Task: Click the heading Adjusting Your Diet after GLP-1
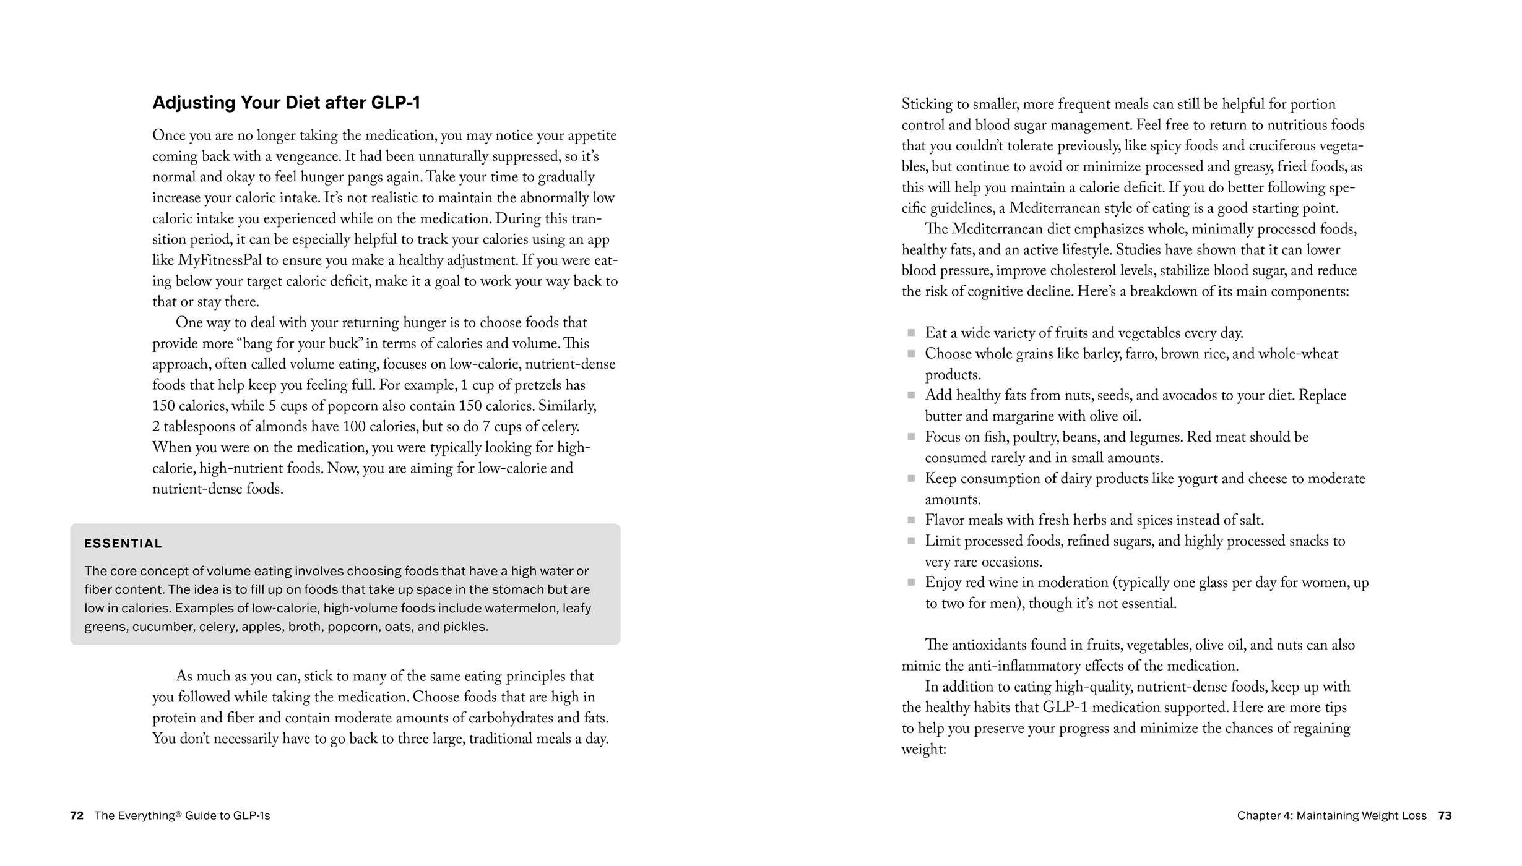pyautogui.click(x=286, y=103)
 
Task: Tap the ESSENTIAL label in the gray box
pyautogui.click(x=123, y=544)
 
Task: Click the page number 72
pyautogui.click(x=77, y=815)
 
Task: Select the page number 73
pyautogui.click(x=1445, y=815)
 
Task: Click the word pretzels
pyautogui.click(x=538, y=385)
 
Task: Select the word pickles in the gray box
pyautogui.click(x=465, y=627)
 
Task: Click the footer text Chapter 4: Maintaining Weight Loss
pyautogui.click(x=1331, y=815)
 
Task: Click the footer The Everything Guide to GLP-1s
pyautogui.click(x=182, y=815)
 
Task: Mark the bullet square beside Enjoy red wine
pyautogui.click(x=911, y=583)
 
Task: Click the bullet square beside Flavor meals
pyautogui.click(x=911, y=520)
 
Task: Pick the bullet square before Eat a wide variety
pyautogui.click(x=911, y=333)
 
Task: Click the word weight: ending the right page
pyautogui.click(x=923, y=750)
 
